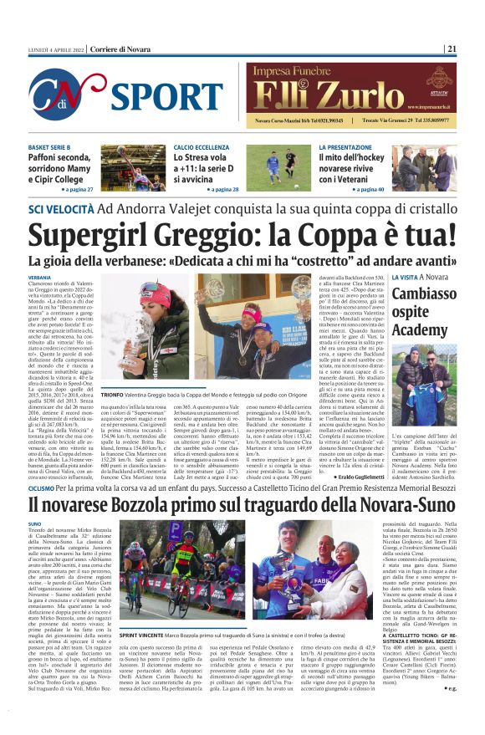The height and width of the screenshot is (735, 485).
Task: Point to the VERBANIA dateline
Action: pyautogui.click(x=39, y=277)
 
